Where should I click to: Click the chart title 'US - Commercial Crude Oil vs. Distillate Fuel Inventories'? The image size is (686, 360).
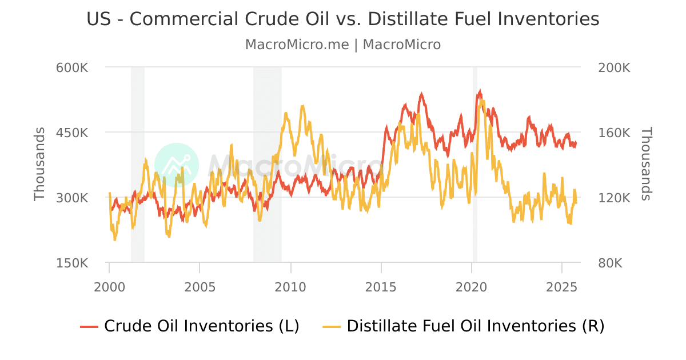[x=343, y=19]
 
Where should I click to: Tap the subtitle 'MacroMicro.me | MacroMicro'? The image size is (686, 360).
[x=343, y=45]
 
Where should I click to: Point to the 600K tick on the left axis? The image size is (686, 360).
[x=72, y=67]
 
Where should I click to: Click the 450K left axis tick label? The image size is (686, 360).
[x=72, y=133]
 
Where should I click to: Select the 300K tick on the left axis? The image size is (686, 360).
[x=72, y=198]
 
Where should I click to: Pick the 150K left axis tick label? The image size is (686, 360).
[x=72, y=263]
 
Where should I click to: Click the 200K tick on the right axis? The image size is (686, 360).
[x=614, y=67]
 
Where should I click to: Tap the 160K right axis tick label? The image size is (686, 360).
[x=614, y=133]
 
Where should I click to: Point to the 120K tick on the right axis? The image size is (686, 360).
[x=614, y=198]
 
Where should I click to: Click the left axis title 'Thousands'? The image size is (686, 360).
[x=39, y=165]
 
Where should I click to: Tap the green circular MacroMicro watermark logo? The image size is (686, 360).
[x=177, y=165]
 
